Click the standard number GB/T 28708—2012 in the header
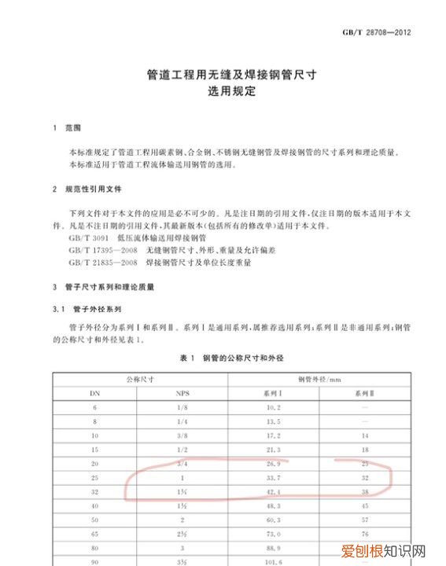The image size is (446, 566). (377, 33)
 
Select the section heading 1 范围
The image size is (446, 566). (69, 127)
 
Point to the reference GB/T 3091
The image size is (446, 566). (86, 238)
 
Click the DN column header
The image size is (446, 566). (94, 392)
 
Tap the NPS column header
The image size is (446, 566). (182, 392)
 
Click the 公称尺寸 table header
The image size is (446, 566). (139, 378)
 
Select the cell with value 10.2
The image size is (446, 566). (273, 406)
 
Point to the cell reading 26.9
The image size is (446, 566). (273, 464)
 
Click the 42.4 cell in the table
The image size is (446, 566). (273, 492)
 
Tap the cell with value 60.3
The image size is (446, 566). (273, 520)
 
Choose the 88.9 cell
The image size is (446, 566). (273, 549)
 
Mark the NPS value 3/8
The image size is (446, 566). (182, 435)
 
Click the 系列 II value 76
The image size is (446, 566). (364, 535)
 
